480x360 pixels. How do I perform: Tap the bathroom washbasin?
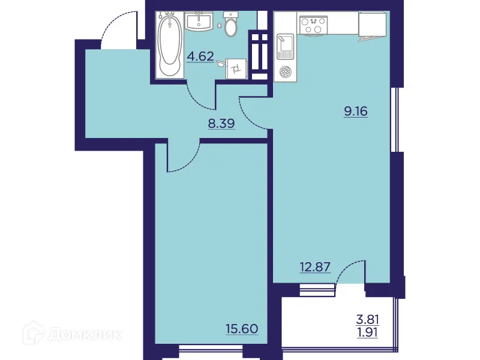click(199, 22)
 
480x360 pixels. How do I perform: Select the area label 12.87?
click(314, 266)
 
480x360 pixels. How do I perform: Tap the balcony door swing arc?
click(351, 270)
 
